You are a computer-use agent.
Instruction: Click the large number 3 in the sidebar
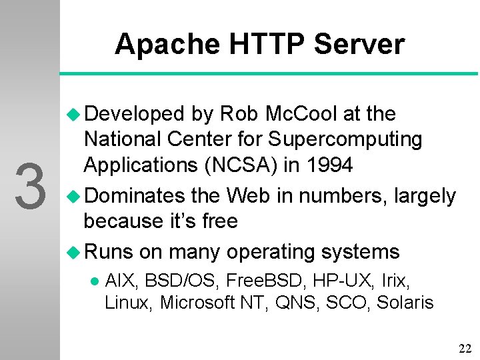click(30, 187)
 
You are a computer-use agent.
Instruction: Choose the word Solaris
click(405, 303)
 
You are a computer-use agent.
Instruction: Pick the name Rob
click(238, 114)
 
